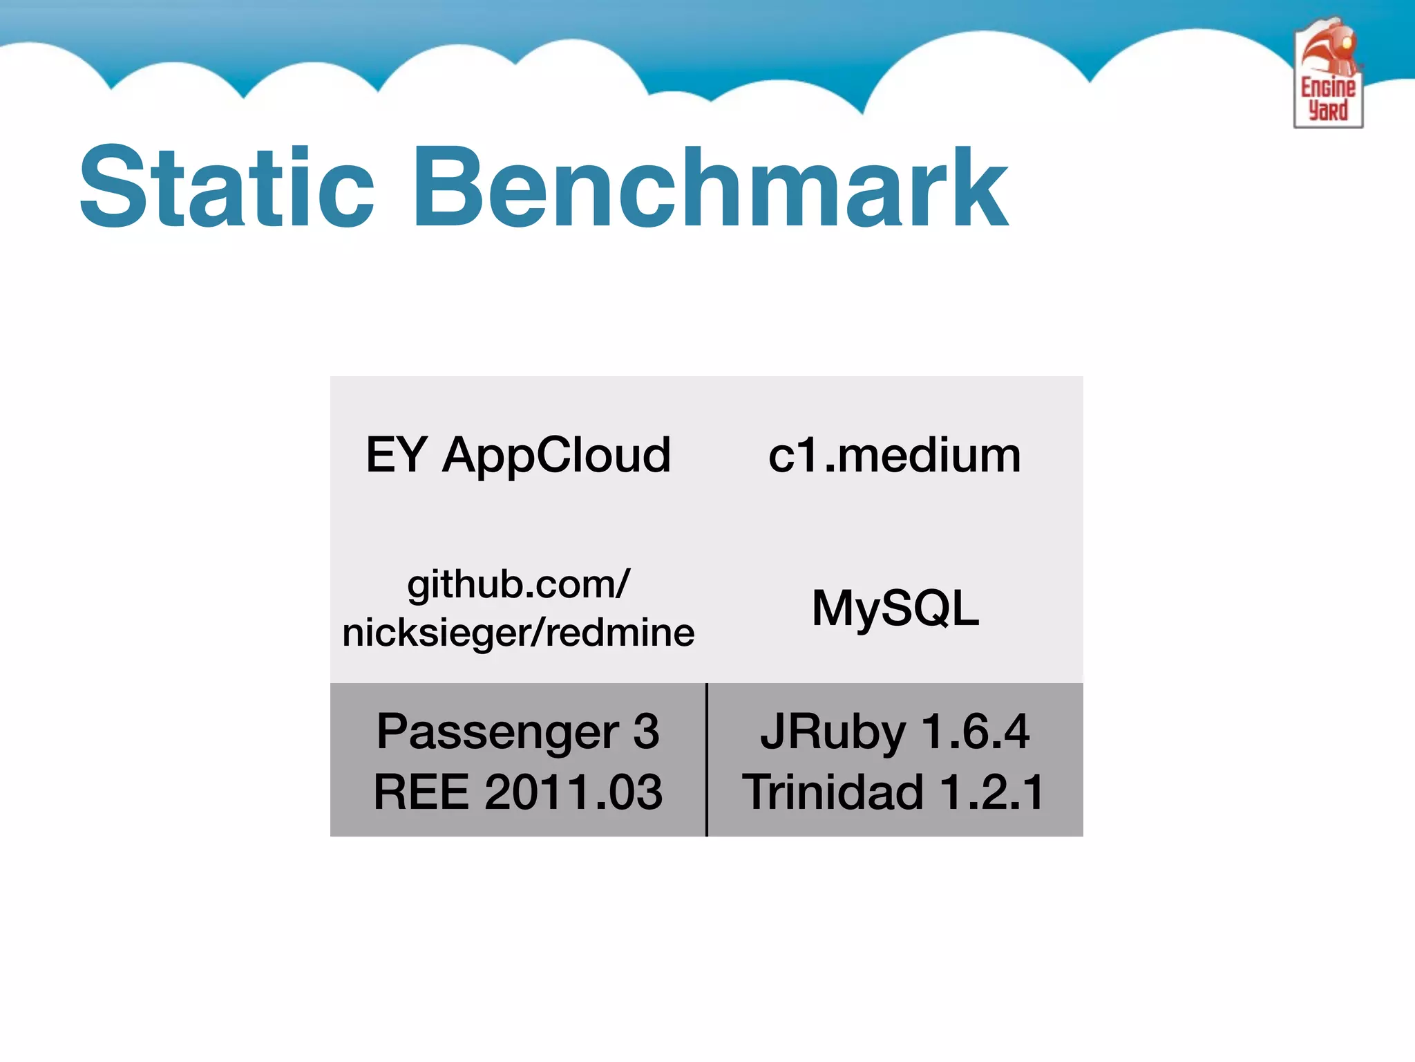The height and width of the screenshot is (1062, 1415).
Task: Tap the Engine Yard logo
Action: tap(1328, 73)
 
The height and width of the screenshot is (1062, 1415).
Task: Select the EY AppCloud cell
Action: tap(518, 455)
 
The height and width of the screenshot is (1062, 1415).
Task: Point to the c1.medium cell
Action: tap(895, 455)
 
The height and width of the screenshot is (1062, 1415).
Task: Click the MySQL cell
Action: tap(895, 608)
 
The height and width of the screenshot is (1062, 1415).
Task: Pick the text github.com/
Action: tap(518, 584)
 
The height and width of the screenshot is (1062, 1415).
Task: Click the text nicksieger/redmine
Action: tap(518, 633)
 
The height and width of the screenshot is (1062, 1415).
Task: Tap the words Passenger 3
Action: tap(518, 732)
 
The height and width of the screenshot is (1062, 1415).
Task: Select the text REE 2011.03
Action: tap(518, 792)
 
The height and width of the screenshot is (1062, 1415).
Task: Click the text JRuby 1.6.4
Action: tap(895, 732)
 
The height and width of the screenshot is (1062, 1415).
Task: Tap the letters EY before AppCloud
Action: tap(396, 455)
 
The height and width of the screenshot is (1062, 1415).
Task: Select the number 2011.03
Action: tap(573, 792)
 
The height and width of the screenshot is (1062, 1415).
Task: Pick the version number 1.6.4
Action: tap(975, 732)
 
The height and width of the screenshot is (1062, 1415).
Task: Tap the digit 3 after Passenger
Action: tap(646, 732)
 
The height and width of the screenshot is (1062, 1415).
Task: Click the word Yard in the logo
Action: tap(1328, 111)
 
